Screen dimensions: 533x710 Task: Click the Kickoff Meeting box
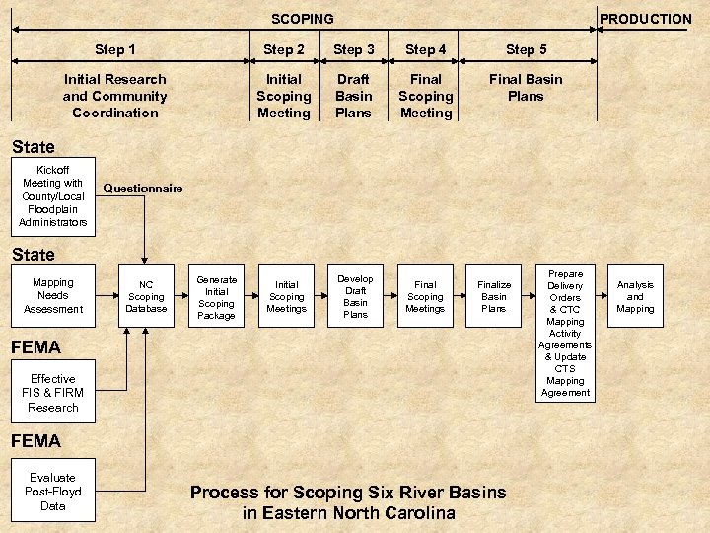[x=53, y=196]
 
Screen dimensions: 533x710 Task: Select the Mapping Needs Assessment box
[x=53, y=296]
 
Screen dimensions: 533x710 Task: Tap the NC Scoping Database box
[x=146, y=297]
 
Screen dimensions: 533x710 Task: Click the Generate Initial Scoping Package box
[x=216, y=297]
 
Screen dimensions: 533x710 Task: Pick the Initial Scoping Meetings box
[x=286, y=297]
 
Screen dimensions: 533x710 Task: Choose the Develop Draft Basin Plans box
[x=355, y=297]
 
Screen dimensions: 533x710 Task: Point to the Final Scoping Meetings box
[x=425, y=297]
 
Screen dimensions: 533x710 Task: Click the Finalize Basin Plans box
[x=494, y=297]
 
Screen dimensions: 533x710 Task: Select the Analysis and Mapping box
[x=635, y=297]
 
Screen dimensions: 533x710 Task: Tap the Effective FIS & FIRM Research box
[x=53, y=393]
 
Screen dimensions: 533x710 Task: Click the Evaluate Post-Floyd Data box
[x=53, y=492]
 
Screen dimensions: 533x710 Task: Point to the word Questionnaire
[x=143, y=189]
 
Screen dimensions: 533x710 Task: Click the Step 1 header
[x=115, y=49]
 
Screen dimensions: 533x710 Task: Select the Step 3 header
[x=354, y=49]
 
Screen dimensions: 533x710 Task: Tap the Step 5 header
[x=527, y=49]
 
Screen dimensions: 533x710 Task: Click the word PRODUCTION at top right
[x=646, y=19]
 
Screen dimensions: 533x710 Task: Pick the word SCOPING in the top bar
[x=303, y=19]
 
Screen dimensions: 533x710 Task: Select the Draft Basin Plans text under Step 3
[x=354, y=96]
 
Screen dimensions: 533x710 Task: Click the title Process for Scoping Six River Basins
[x=348, y=492]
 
